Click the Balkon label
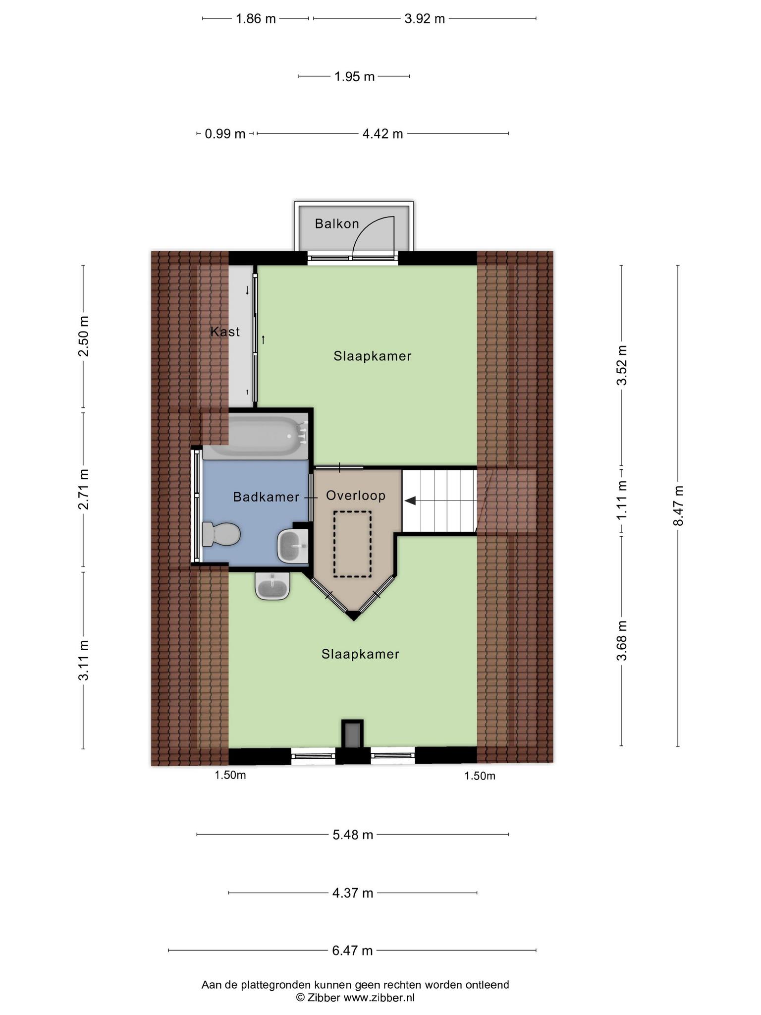coord(337,224)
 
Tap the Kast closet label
coord(225,332)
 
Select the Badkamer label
coord(266,497)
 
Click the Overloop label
coord(356,496)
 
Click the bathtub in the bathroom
coord(256,436)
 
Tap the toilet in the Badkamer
coord(221,534)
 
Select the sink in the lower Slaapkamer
coord(272,586)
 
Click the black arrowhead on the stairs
coord(410,501)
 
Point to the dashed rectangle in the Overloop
coord(352,544)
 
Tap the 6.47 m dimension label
coord(352,951)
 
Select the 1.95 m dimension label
coord(354,76)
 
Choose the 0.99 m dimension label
coord(225,134)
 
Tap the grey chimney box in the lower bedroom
coord(352,734)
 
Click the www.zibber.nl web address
coord(379,998)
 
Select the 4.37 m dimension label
coord(352,893)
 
